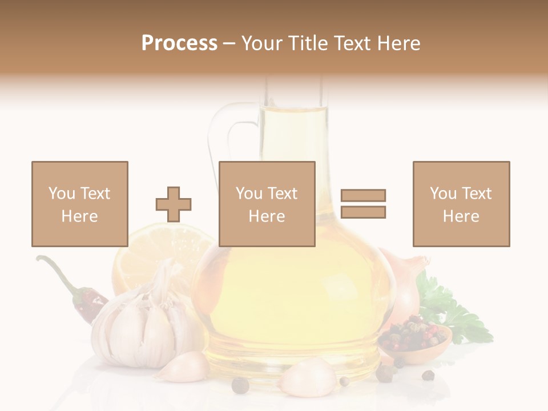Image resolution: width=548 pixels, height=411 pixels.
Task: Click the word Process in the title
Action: [x=179, y=43]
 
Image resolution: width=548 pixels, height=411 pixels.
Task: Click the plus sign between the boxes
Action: [x=174, y=204]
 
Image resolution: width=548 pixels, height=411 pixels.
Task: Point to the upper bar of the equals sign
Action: [x=363, y=195]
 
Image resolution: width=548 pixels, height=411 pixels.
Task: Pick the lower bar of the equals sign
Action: [x=363, y=212]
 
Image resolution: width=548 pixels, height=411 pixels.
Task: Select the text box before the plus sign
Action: [x=79, y=204]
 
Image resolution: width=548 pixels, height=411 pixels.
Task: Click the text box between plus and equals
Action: [x=267, y=204]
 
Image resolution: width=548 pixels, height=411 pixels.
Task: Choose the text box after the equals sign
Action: [x=461, y=204]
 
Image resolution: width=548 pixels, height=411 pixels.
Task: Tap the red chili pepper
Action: [x=88, y=302]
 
